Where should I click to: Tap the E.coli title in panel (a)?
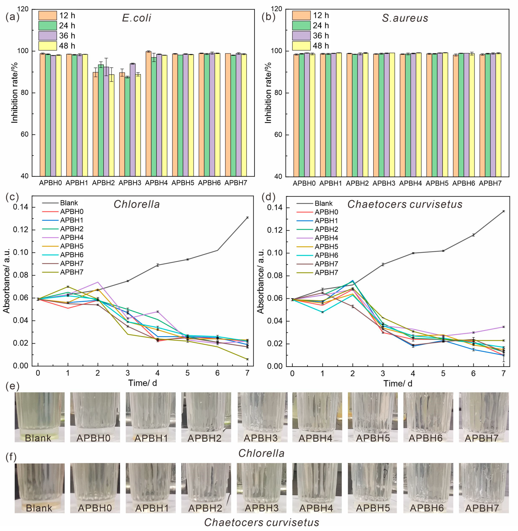point(136,18)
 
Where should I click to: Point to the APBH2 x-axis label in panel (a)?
point(103,183)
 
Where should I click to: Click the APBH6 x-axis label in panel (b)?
point(464,183)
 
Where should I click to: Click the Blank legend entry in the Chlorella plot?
point(69,203)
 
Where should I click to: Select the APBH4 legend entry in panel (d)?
point(326,238)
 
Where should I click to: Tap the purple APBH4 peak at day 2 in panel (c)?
point(98,282)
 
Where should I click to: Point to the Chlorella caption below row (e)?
point(261,453)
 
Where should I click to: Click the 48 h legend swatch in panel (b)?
point(301,46)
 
